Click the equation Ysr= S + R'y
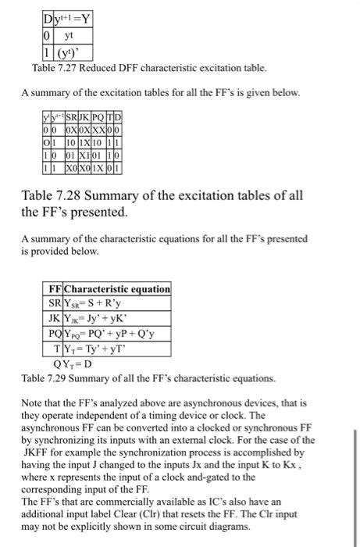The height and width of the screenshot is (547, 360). (100, 303)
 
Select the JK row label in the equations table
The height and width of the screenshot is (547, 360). (55, 317)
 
